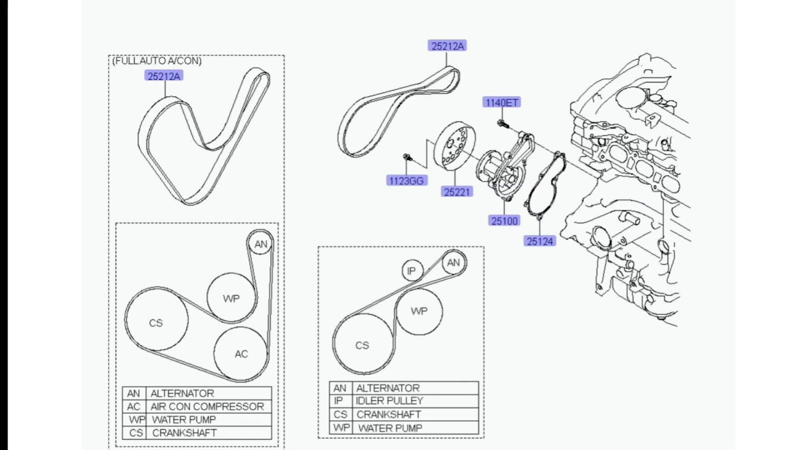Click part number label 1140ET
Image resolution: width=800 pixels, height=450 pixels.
point(501,102)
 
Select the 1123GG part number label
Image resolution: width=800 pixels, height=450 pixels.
point(406,181)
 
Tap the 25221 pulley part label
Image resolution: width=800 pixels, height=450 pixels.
point(457,192)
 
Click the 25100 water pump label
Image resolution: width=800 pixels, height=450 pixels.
point(504,221)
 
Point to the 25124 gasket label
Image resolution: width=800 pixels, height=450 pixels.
point(540,241)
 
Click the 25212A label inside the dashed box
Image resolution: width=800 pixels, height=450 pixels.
point(164,76)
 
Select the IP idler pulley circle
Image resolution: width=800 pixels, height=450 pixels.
point(411,271)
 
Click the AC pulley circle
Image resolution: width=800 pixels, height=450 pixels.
point(241,354)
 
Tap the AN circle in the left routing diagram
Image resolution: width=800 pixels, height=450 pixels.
point(261,244)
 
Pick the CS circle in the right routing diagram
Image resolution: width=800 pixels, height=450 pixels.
point(362,345)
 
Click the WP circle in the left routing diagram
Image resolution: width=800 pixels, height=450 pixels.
point(231,298)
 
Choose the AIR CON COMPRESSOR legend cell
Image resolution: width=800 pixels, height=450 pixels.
point(207,406)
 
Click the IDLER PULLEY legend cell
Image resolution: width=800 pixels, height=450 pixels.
point(390,401)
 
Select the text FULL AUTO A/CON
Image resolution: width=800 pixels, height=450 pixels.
point(157,61)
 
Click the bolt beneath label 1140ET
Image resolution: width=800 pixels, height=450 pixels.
point(501,123)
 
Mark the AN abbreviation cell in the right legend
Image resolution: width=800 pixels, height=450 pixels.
point(339,388)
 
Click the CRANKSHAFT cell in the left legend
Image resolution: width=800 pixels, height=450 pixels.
point(184,432)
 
